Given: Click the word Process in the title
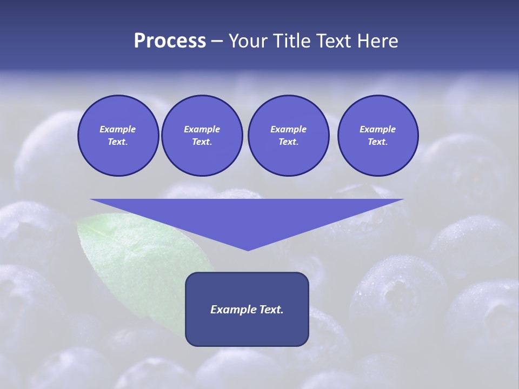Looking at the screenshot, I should point(170,41).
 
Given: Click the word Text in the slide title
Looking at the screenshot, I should point(335,41).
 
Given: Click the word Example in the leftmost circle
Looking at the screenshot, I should point(118,129).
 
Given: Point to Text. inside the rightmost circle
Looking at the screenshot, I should point(377,142).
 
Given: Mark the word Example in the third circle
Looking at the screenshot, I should point(288,129).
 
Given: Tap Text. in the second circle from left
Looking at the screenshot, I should point(202,142).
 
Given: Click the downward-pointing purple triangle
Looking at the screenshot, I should point(247,216).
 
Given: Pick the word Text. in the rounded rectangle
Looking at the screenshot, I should point(270,310).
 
